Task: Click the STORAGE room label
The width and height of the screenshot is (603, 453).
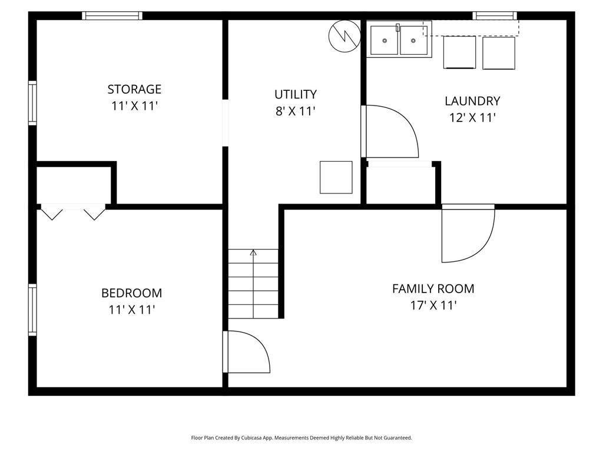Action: coord(134,90)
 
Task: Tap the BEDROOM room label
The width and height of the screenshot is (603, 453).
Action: coord(131,293)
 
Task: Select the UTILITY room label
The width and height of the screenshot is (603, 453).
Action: coord(296,94)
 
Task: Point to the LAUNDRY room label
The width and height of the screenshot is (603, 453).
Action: coord(472,101)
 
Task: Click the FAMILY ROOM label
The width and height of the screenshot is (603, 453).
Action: coord(433,288)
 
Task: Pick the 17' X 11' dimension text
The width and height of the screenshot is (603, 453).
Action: coord(433,306)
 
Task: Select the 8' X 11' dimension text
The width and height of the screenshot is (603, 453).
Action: coord(296,111)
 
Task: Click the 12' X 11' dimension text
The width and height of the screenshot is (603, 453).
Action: coord(473,117)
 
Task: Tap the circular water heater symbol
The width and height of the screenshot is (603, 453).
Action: coord(344,36)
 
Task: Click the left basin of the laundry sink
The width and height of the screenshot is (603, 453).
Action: coord(385,40)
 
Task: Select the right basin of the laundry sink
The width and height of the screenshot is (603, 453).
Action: coord(413,40)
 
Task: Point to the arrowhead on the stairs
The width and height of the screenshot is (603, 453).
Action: coord(253,252)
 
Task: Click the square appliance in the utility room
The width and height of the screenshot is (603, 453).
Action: coord(336,177)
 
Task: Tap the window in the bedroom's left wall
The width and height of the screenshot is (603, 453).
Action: coord(33,310)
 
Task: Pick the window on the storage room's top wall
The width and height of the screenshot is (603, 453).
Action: coord(112,16)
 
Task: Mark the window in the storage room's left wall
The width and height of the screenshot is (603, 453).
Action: coord(33,103)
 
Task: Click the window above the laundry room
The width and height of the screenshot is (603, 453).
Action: coord(495,16)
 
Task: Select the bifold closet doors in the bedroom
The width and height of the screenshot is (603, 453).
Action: coord(73,212)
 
